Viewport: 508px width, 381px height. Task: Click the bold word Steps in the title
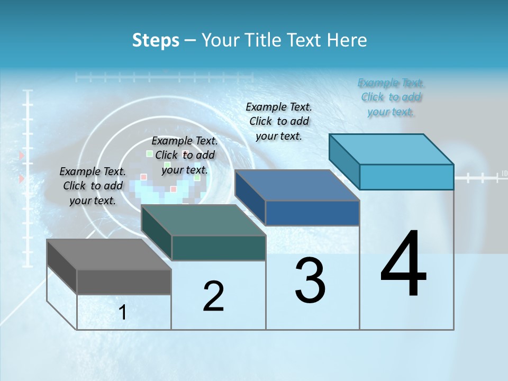pos(156,40)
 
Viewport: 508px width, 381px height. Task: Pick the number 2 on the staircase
pos(213,296)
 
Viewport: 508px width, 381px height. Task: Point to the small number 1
pos(123,312)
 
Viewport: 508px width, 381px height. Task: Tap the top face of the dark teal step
pos(203,220)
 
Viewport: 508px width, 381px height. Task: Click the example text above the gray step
pos(93,186)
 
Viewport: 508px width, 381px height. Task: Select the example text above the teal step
pos(185,155)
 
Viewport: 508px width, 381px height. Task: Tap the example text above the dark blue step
pos(279,121)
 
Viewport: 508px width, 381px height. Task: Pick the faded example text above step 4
pos(391,97)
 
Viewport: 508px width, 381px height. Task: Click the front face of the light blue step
pos(406,177)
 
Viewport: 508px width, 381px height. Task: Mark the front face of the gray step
pos(124,282)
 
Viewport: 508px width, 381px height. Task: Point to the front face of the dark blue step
pos(312,213)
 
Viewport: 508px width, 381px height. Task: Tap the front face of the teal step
pos(218,248)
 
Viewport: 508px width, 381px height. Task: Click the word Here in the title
pos(348,40)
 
